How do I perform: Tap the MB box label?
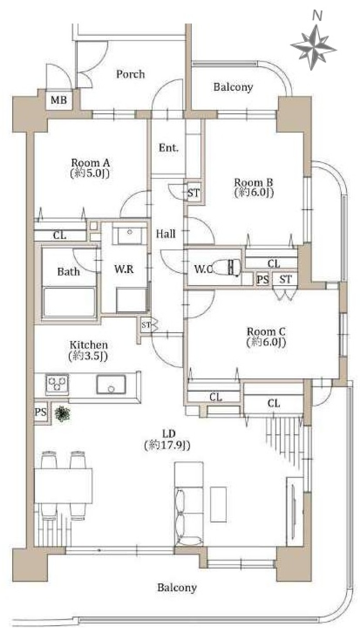coord(59,100)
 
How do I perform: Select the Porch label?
coord(130,74)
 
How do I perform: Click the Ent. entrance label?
coord(168,148)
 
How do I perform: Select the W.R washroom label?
coord(124,269)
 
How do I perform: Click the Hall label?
coord(166,234)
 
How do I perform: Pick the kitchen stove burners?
coord(57,384)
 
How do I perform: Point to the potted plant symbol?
coord(62,414)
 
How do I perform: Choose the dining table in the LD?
coord(63,485)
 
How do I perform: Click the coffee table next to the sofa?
coord(219,504)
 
